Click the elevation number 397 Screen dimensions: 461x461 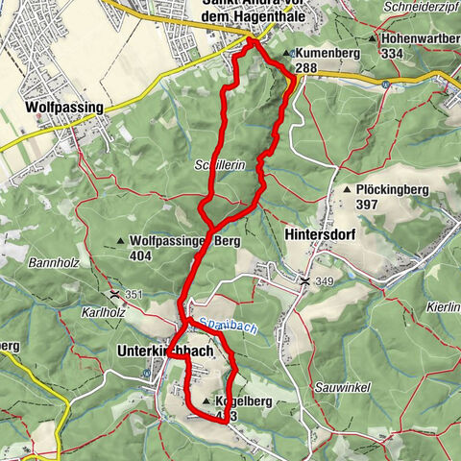click(368, 206)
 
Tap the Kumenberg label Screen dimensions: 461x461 click(328, 54)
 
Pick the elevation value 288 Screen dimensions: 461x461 click(306, 68)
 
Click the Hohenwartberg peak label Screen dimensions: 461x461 click(420, 37)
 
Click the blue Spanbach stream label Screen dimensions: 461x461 click(212, 328)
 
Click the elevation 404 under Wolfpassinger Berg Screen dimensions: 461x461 click(142, 256)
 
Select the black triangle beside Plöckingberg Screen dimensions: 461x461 click(347, 191)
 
